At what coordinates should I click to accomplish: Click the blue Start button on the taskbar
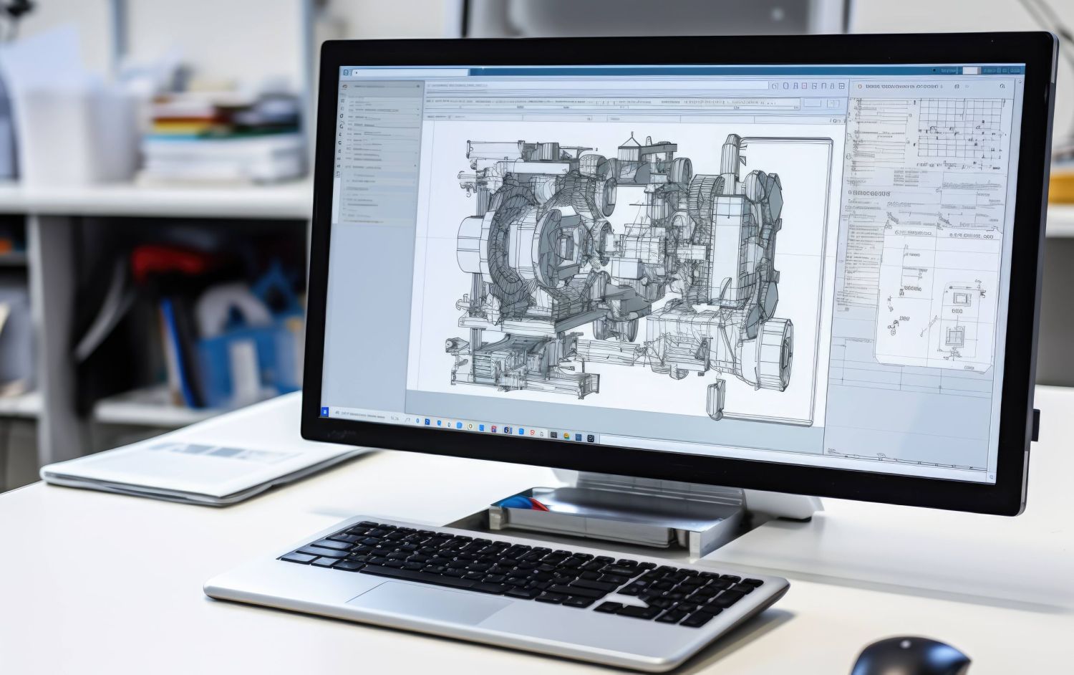[324, 412]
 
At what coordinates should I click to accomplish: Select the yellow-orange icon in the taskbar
[566, 436]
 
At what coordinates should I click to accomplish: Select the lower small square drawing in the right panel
[954, 335]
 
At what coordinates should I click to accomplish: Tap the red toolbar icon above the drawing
[804, 86]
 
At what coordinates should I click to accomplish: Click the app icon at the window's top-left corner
[346, 72]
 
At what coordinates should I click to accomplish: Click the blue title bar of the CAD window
[644, 70]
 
